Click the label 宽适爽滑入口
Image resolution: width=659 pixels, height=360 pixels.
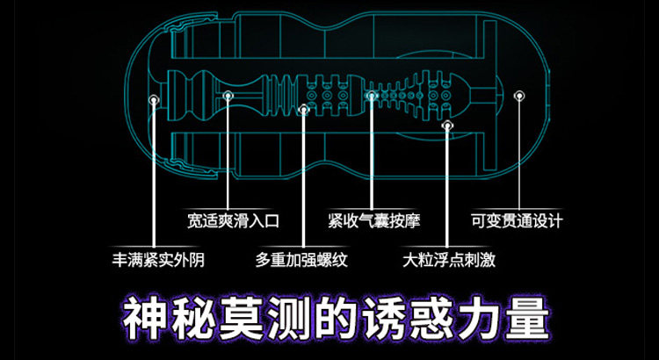(x=233, y=220)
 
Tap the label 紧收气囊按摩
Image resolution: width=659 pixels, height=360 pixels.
(x=373, y=220)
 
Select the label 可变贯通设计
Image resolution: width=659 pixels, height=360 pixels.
(x=516, y=220)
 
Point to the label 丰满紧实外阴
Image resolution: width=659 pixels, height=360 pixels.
(x=158, y=260)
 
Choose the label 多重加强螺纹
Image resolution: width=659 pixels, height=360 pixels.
(x=301, y=260)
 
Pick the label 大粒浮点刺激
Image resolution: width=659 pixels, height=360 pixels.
(x=449, y=260)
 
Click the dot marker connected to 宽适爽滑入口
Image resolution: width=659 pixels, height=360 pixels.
(x=228, y=96)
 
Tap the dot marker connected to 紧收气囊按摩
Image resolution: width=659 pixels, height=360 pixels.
(x=371, y=96)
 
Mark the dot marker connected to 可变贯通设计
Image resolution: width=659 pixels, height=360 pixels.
(x=519, y=96)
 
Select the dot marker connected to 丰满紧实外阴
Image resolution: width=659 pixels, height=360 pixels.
(x=155, y=99)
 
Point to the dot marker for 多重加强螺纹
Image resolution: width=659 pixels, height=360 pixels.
(x=304, y=110)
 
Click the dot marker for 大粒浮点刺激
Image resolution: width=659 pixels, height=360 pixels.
(x=447, y=125)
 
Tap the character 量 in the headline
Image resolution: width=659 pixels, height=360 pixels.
(x=527, y=319)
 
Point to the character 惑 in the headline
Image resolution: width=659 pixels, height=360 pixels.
(x=431, y=319)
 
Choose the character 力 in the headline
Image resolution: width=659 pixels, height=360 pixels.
(x=479, y=319)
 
